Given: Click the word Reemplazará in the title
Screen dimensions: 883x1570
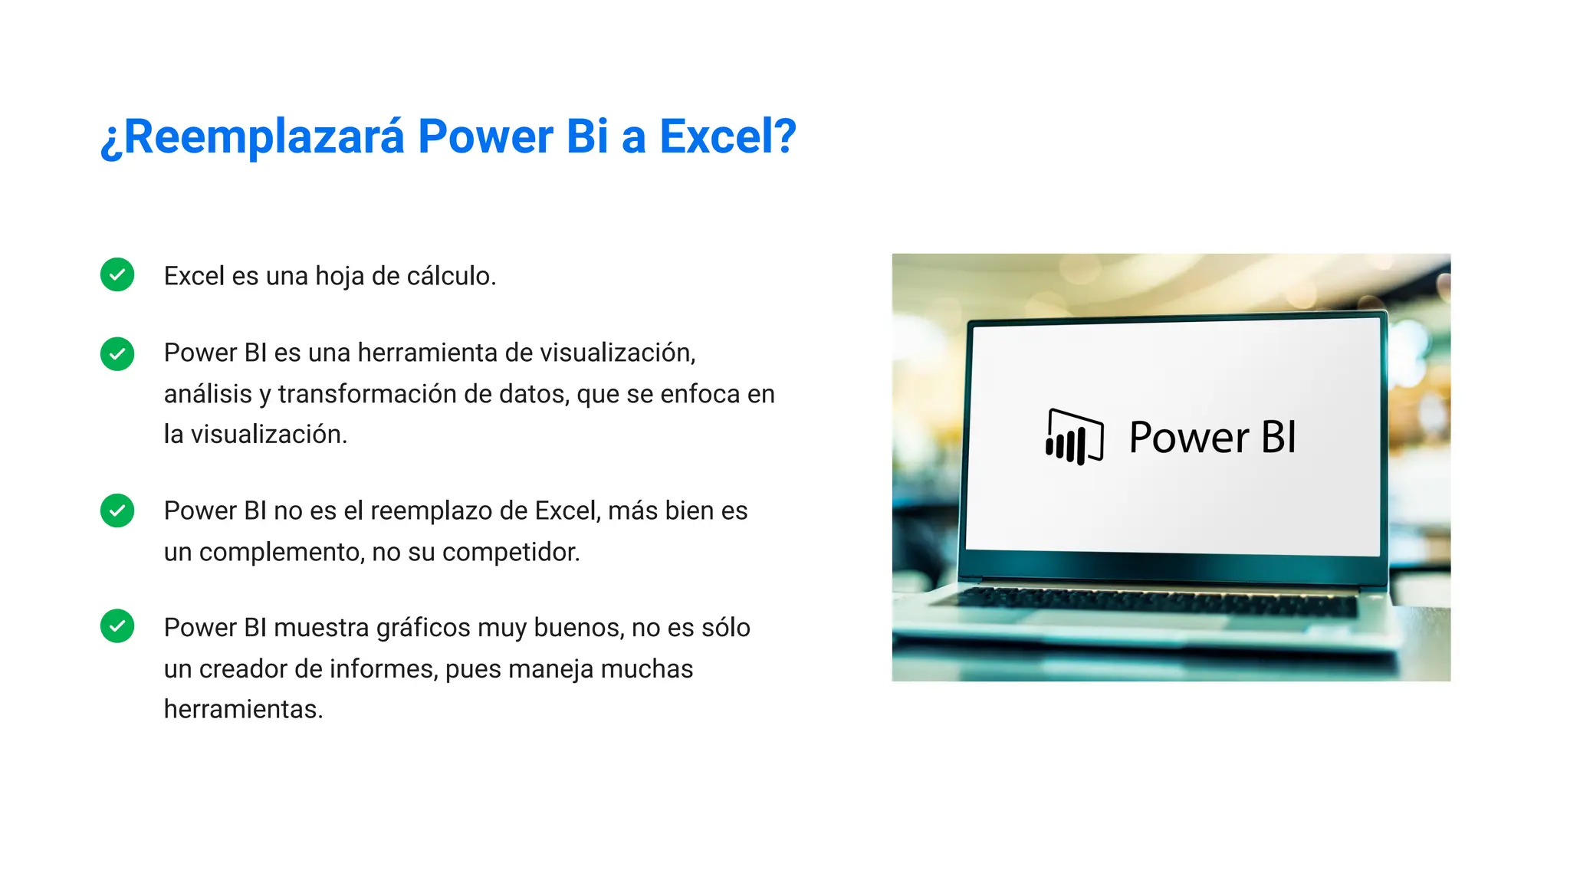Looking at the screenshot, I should pos(263,137).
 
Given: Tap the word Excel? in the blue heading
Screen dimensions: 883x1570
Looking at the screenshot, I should pos(728,137).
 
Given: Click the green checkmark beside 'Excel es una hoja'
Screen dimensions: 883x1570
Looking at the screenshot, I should pos(117,274).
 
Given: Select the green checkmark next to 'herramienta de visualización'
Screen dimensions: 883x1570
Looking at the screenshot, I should pos(117,354).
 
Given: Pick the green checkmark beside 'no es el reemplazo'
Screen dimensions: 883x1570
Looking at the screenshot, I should pos(117,510).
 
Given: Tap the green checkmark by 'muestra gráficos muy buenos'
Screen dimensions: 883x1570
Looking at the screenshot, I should pos(117,626).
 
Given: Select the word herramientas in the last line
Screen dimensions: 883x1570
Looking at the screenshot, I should pos(243,710).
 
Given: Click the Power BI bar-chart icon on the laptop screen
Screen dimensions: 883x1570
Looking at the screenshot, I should pos(1074,437).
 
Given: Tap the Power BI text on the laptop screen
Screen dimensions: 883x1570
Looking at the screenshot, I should pos(1212,438).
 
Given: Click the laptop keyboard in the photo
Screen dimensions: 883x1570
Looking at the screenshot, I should pos(1158,601).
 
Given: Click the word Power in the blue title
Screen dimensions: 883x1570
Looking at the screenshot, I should pos(484,137).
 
